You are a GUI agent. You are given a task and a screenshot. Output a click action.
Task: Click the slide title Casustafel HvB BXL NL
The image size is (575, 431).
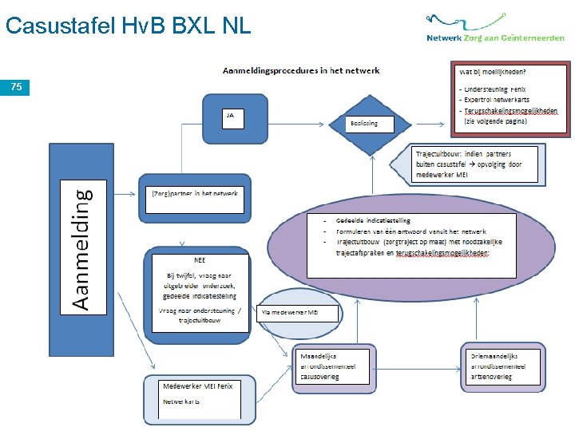tap(128, 26)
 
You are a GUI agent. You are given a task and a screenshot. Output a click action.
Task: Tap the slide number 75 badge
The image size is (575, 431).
tap(16, 88)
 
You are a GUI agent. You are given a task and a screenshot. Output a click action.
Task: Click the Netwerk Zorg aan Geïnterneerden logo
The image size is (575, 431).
tap(495, 27)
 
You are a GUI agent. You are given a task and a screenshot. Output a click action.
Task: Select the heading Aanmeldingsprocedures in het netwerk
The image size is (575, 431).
tap(301, 70)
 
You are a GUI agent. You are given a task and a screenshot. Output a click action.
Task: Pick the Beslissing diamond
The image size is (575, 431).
tap(365, 123)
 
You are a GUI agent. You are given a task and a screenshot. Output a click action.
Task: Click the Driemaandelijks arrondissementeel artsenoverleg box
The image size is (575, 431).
tap(503, 366)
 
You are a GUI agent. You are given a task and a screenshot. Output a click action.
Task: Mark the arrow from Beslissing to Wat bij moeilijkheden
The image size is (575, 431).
tap(423, 123)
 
